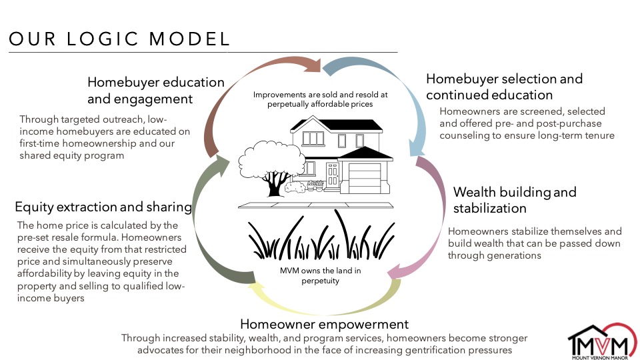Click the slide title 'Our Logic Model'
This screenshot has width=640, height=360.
coord(119,39)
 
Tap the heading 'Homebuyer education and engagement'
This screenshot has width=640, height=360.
coord(155,90)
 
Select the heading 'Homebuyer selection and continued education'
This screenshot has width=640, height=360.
coord(504,87)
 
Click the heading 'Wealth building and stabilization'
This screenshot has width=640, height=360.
coord(515,200)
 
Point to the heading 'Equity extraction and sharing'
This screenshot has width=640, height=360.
coord(103,207)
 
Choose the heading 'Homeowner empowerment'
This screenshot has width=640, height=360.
coord(324,324)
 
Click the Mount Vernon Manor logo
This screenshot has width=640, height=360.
coord(602,341)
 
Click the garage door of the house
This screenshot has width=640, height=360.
coord(365,178)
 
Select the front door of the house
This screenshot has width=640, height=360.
coord(332,175)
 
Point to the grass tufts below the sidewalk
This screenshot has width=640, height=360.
coord(321,235)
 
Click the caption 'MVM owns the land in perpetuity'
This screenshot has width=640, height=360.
coord(321,275)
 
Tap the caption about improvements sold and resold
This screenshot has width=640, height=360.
coord(320,99)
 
